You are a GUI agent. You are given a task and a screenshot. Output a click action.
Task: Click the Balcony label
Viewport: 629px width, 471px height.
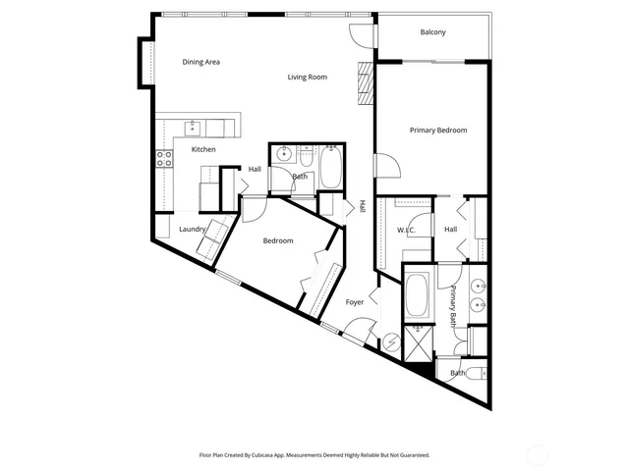click(x=432, y=32)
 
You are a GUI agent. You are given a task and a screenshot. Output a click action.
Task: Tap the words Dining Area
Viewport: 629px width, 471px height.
click(x=201, y=62)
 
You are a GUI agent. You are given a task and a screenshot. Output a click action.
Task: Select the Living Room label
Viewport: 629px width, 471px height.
click(x=307, y=77)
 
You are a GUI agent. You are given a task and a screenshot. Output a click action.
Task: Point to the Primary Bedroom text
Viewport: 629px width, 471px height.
click(x=437, y=130)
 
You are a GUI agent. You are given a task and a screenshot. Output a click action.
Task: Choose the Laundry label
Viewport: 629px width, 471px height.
click(x=192, y=229)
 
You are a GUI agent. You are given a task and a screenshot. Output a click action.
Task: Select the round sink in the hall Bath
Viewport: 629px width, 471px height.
click(x=283, y=154)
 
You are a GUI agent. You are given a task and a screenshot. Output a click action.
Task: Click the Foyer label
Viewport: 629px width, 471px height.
click(x=355, y=302)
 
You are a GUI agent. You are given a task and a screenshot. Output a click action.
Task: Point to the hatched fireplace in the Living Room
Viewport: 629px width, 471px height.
click(x=365, y=83)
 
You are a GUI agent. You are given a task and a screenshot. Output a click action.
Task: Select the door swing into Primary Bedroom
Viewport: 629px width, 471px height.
click(x=383, y=164)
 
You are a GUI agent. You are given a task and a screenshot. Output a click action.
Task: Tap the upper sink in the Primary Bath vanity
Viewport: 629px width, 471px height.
click(x=479, y=288)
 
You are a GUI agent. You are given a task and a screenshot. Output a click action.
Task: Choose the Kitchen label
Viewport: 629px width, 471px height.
click(x=203, y=149)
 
